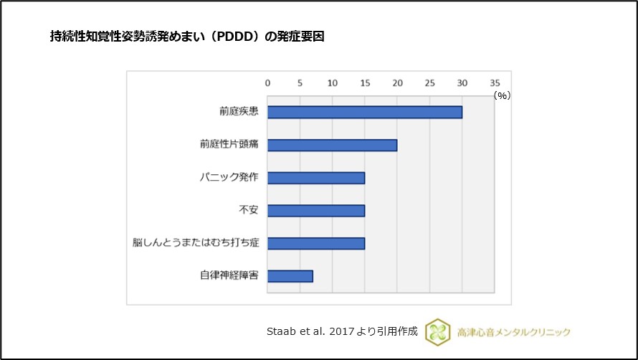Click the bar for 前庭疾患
pos(365,112)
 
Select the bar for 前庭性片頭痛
pos(333,145)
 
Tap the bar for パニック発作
pos(316,178)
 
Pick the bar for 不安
pos(316,210)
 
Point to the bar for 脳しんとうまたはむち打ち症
pos(316,243)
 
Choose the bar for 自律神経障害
pos(290,276)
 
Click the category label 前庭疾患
pos(239,112)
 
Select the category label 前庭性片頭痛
pos(229,145)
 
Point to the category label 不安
pos(249,210)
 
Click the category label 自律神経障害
pos(229,276)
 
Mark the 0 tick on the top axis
pos(268,82)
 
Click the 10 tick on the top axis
pos(332,82)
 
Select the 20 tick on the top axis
pos(397,82)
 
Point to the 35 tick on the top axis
pos(495,82)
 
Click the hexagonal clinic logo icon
pos(437,331)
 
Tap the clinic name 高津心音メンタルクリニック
pos(514,332)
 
